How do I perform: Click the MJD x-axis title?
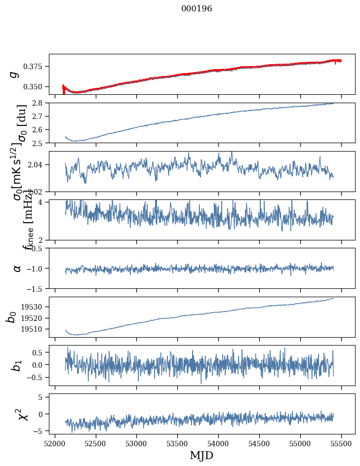pos(201,455)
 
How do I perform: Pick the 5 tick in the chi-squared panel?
pos(42,397)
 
